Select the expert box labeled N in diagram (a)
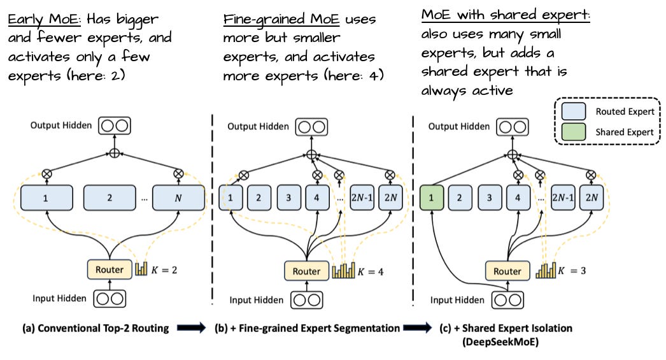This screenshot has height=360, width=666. click(x=178, y=198)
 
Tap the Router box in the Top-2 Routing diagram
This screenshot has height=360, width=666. click(x=109, y=270)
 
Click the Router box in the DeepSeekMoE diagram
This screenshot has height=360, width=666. click(x=507, y=271)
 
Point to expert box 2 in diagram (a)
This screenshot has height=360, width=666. click(x=110, y=198)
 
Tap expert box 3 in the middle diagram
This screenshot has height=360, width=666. click(x=288, y=198)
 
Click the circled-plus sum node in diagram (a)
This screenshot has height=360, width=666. click(x=115, y=154)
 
